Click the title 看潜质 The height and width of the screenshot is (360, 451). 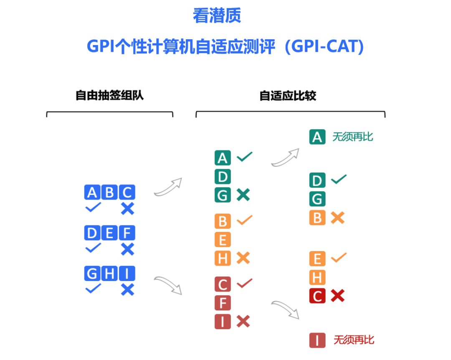tap(217, 15)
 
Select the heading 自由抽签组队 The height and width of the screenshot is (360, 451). tap(109, 95)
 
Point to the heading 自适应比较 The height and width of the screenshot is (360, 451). tap(288, 96)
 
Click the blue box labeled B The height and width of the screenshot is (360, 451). tap(109, 192)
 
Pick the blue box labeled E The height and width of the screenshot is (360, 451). tap(109, 233)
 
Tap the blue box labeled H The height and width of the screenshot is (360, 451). tap(109, 274)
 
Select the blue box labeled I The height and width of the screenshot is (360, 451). tap(127, 274)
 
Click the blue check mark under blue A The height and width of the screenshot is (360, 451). tap(93, 207)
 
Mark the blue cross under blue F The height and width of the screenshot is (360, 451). tap(127, 249)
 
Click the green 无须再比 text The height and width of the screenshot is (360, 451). tap(352, 137)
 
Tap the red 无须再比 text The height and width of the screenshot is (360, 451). tap(354, 340)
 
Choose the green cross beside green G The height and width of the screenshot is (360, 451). tap(243, 195)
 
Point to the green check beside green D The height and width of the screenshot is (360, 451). tap(339, 179)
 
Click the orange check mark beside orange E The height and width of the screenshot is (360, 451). tap(339, 258)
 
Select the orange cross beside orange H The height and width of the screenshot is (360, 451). tap(243, 258)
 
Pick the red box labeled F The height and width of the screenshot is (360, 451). tap(223, 303)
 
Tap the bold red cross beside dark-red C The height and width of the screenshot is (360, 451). tap(337, 296)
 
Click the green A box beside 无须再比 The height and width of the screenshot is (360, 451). tap(317, 137)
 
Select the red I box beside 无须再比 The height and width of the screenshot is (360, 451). tap(317, 340)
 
